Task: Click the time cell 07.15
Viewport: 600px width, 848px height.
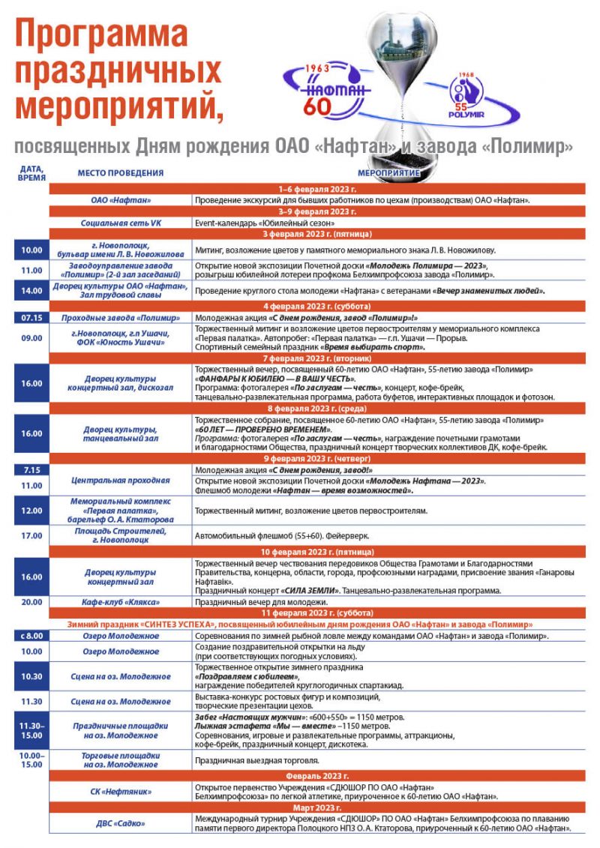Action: (31, 317)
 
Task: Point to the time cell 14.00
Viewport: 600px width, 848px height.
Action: (31, 291)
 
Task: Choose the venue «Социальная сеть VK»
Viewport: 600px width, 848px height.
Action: (121, 223)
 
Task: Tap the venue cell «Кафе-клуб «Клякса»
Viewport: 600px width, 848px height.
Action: (121, 602)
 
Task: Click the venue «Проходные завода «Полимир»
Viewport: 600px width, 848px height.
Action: (121, 317)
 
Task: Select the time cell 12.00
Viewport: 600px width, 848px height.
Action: (31, 511)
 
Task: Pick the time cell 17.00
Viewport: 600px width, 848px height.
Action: (31, 536)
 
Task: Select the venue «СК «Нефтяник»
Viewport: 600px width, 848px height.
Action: (121, 791)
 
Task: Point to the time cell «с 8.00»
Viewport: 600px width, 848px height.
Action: (31, 636)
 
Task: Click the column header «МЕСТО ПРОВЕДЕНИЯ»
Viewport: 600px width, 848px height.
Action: (121, 173)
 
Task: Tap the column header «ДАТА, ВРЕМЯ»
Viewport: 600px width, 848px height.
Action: (31, 173)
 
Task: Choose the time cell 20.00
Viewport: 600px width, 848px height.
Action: (31, 602)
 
